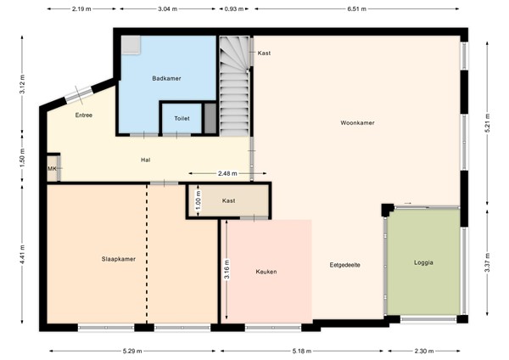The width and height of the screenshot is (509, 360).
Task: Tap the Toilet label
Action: (182, 119)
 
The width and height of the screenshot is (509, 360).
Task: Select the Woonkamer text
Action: (359, 123)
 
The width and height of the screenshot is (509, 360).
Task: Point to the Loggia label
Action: (424, 263)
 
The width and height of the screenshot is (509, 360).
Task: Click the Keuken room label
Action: (266, 272)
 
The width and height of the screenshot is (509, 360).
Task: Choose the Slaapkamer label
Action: (119, 258)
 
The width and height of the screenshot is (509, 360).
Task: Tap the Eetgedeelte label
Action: (345, 265)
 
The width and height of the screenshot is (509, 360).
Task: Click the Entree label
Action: (83, 115)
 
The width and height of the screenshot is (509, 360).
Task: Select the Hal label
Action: (146, 159)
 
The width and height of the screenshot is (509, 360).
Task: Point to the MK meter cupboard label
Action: (52, 169)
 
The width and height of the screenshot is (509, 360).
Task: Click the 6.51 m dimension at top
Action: (358, 9)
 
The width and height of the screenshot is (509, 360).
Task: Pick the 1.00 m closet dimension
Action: (197, 202)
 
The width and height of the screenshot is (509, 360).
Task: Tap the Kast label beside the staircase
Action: (264, 53)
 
